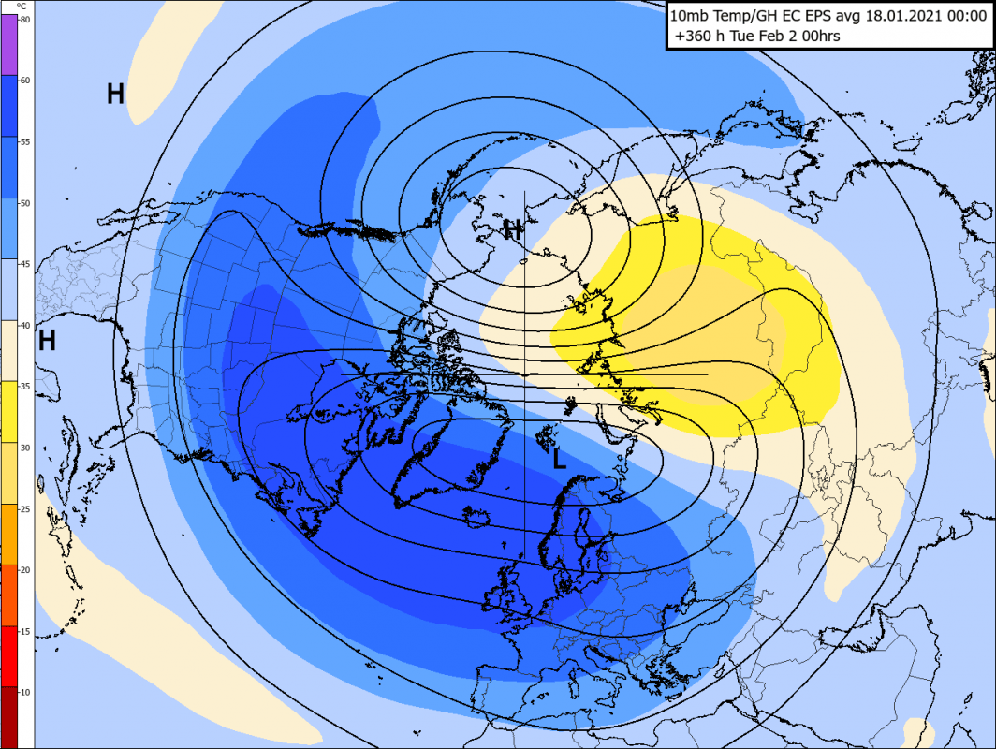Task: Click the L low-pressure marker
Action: click(x=559, y=459)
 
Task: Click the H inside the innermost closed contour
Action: click(x=512, y=229)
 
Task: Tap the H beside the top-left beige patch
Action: click(x=115, y=94)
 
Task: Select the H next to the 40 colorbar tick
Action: click(x=47, y=341)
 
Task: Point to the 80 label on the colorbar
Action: click(x=24, y=20)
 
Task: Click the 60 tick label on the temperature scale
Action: click(x=25, y=81)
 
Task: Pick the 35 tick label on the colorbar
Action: click(x=25, y=386)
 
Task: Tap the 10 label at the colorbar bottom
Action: click(x=25, y=691)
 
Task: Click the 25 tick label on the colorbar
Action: click(x=25, y=508)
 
